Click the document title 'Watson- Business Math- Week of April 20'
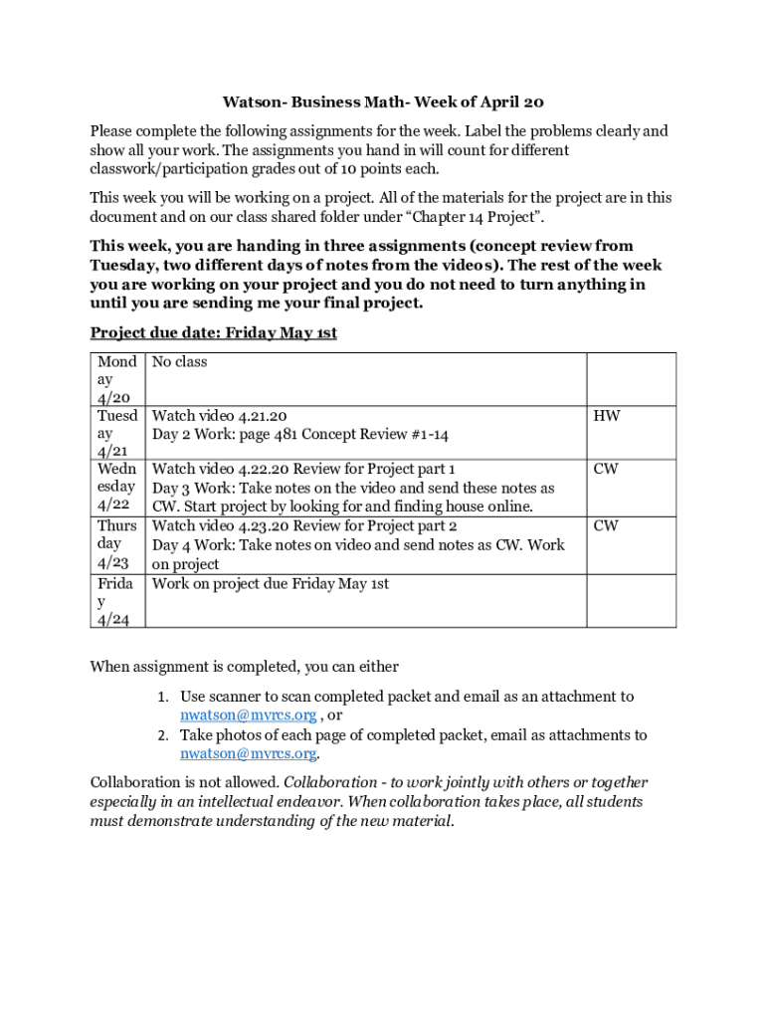[x=383, y=102]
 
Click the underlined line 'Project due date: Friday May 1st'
[x=213, y=332]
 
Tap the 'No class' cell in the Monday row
[x=180, y=362]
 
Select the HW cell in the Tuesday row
[x=607, y=416]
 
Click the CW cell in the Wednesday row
[x=606, y=469]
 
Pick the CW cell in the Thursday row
[x=606, y=525]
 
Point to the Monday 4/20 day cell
[x=117, y=379]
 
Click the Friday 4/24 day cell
[x=117, y=601]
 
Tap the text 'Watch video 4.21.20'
[x=220, y=416]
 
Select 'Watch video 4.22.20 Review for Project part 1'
[x=303, y=469]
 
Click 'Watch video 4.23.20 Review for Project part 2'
[x=304, y=525]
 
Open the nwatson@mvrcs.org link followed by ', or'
[x=248, y=715]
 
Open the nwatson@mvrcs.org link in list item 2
[x=248, y=754]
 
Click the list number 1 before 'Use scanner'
[x=163, y=698]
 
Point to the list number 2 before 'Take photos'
[x=163, y=736]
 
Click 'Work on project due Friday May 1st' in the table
[x=270, y=584]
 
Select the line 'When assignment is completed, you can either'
[x=245, y=666]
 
